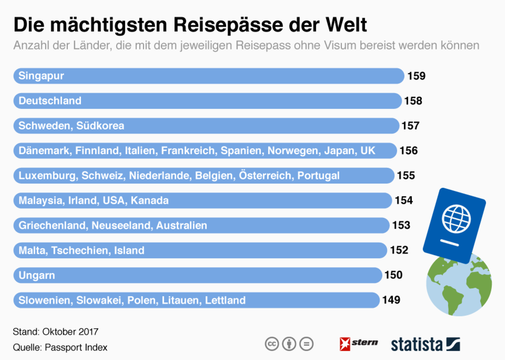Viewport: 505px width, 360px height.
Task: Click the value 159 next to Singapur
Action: [416, 76]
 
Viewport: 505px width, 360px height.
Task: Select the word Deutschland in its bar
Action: [50, 101]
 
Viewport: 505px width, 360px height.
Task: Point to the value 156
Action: [409, 151]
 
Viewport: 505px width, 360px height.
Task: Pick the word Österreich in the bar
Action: [266, 175]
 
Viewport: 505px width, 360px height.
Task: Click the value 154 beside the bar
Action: [404, 200]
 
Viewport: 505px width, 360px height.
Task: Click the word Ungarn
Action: [37, 275]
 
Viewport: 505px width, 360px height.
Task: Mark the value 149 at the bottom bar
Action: [391, 300]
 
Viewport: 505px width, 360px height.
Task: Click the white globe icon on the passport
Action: [456, 219]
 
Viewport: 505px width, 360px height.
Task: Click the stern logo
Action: [358, 344]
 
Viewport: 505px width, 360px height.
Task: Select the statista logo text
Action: [417, 345]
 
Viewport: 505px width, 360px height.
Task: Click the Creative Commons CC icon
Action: [272, 344]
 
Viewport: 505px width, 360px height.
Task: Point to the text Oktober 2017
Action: [70, 332]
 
